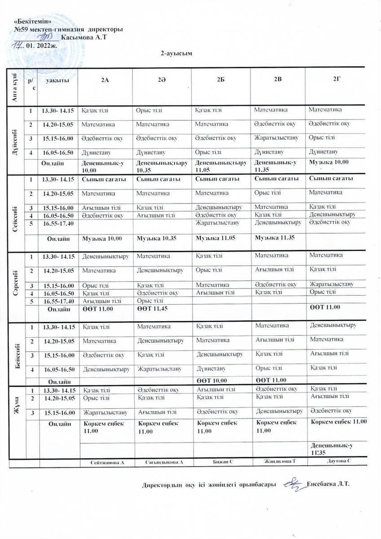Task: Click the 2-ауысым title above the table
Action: pos(177,54)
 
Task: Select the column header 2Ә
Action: pos(162,80)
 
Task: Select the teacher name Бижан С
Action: pos(223,462)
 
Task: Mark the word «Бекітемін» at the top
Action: pos(30,21)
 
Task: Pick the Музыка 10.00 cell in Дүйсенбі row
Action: pos(329,162)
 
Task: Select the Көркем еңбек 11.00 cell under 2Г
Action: pos(338,421)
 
